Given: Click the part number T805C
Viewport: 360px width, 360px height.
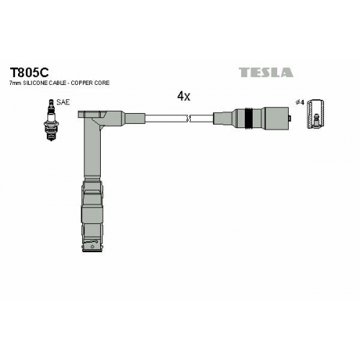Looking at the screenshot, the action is coord(29,72).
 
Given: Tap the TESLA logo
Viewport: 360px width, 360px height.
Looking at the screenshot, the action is coord(266,72).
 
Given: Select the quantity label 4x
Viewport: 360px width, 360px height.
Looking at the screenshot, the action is coord(184,96).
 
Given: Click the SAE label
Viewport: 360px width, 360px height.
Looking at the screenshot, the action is coord(63,102).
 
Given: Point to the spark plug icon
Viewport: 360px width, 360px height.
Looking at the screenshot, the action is coord(51,120).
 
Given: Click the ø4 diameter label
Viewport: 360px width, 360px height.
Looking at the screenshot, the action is coord(300,103).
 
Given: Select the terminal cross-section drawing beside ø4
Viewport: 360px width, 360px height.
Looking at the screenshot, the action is coord(316,113).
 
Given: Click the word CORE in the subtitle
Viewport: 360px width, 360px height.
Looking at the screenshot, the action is coord(102,83).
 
